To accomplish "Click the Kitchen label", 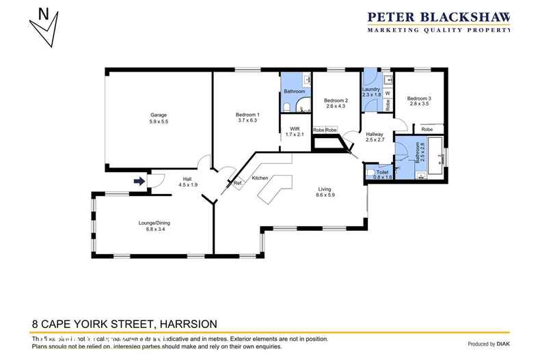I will tap(260, 178).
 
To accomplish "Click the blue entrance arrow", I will tap(139, 181).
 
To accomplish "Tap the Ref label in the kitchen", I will tap(237, 182).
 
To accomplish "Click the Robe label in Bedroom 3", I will tap(427, 129).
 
